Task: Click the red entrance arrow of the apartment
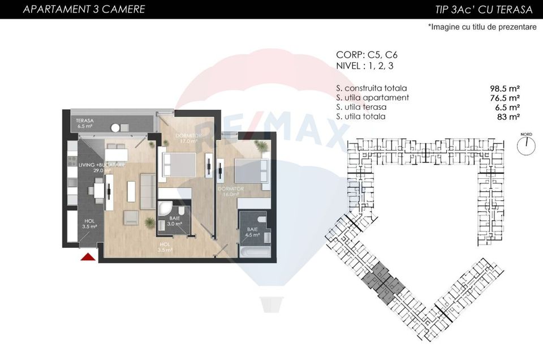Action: click(x=87, y=258)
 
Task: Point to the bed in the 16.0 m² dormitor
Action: click(x=249, y=170)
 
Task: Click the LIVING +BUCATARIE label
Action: click(x=101, y=165)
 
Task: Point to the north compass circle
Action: click(x=525, y=145)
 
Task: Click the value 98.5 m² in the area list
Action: click(x=505, y=89)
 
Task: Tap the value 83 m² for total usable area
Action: click(x=508, y=117)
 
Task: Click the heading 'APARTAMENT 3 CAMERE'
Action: click(x=84, y=9)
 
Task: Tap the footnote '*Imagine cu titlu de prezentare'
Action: click(x=482, y=27)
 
